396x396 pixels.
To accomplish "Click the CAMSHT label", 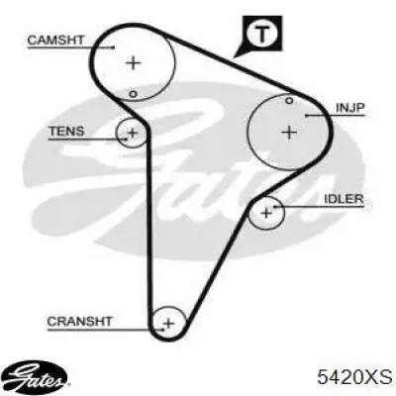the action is tap(55, 41).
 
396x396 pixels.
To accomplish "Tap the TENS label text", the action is tap(66, 132).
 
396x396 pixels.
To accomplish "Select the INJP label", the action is tap(349, 108).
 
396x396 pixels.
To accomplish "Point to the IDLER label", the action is tap(344, 199).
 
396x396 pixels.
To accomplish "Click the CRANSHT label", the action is tap(79, 321).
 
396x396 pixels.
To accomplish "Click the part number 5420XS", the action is tap(354, 376).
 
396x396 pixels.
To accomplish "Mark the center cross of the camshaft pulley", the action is tap(134, 62).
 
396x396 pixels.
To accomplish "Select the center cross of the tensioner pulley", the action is tap(133, 133).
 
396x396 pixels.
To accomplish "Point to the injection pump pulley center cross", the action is tap(289, 133).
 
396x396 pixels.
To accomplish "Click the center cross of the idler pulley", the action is tap(266, 213).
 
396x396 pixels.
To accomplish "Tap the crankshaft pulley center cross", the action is tap(168, 323).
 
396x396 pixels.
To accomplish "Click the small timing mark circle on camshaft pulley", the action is tap(133, 94).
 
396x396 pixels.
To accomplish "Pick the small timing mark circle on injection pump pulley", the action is tap(289, 100).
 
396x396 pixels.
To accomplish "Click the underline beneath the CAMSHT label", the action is tap(71, 48).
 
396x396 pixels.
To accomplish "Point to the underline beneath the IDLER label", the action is tap(319, 207).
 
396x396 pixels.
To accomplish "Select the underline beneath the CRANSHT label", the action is tap(106, 329).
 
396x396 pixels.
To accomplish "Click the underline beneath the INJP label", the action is tap(335, 116).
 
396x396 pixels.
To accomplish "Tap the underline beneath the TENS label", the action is tap(88, 140).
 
